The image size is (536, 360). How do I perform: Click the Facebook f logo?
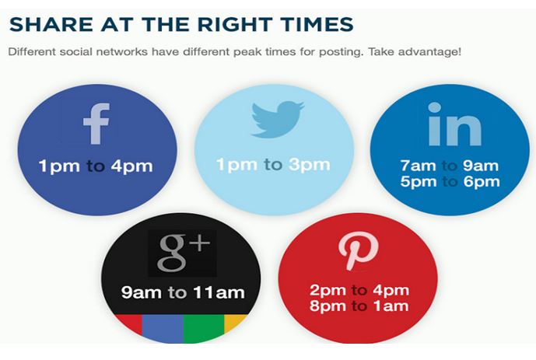click(x=96, y=124)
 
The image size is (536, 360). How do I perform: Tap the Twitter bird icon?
click(x=277, y=119)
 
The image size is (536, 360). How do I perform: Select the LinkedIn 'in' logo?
click(x=454, y=124)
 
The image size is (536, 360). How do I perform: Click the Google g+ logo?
click(x=183, y=253)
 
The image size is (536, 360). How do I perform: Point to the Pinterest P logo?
click(x=358, y=250)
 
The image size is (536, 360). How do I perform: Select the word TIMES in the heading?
click(x=316, y=25)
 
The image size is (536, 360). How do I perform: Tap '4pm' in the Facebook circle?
click(x=131, y=166)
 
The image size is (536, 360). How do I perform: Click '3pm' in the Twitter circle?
click(x=310, y=165)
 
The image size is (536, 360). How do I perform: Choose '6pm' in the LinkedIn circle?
click(x=482, y=181)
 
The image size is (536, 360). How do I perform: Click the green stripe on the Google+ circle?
click(x=204, y=328)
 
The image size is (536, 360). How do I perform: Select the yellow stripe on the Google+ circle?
click(x=234, y=323)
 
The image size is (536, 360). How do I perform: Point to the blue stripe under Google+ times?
click(x=163, y=328)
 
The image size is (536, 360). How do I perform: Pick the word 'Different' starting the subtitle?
click(x=31, y=52)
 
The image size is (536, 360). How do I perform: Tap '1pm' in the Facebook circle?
click(x=59, y=166)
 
